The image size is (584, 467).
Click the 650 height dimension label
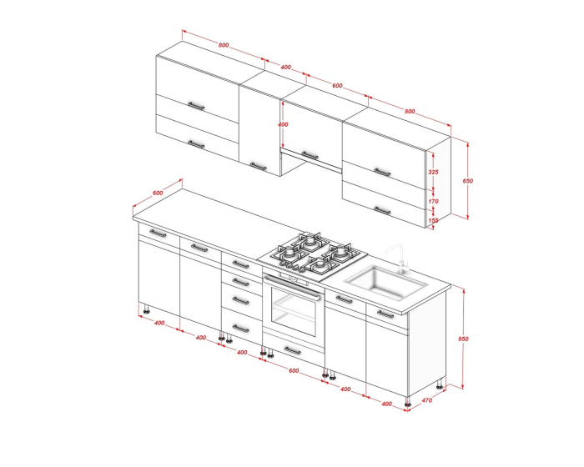pyautogui.click(x=468, y=181)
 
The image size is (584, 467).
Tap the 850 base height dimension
pyautogui.click(x=463, y=339)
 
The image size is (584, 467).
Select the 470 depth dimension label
pyautogui.click(x=427, y=400)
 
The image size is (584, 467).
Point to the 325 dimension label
pyautogui.click(x=433, y=172)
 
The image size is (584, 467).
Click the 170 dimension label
pyautogui.click(x=433, y=202)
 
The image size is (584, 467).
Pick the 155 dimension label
pyautogui.click(x=433, y=220)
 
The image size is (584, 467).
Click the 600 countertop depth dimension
pyautogui.click(x=158, y=193)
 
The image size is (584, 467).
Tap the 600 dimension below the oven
pyautogui.click(x=294, y=370)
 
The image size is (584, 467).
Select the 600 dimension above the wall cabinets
pyautogui.click(x=337, y=86)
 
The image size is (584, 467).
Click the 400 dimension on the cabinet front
pyautogui.click(x=283, y=124)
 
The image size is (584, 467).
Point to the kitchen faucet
pyautogui.click(x=398, y=258)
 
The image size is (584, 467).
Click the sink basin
pyautogui.click(x=385, y=282)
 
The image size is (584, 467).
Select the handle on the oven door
pyautogui.click(x=293, y=286)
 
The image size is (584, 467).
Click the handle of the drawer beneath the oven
pyautogui.click(x=292, y=350)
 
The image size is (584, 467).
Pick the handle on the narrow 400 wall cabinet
pyautogui.click(x=258, y=166)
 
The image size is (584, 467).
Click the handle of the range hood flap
pyautogui.click(x=310, y=155)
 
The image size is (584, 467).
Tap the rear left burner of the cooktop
pyautogui.click(x=310, y=242)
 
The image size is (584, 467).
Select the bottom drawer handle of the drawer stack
pyautogui.click(x=240, y=329)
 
